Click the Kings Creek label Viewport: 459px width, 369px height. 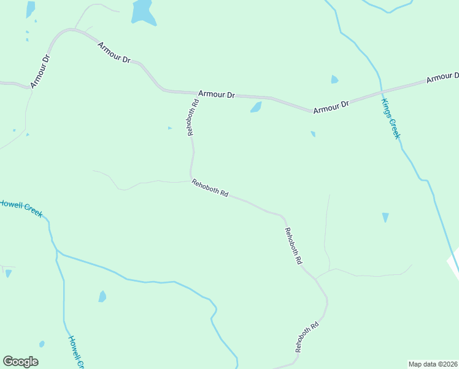tap(390, 119)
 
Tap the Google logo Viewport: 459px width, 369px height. tap(20, 362)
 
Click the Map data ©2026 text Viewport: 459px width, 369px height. tap(433, 363)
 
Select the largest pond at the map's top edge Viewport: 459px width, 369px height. tap(142, 11)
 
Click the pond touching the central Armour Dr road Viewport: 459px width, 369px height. tap(256, 108)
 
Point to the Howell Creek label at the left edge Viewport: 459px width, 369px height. tap(21, 208)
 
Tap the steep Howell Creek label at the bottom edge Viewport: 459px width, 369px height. tap(75, 352)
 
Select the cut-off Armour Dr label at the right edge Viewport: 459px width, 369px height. tap(442, 77)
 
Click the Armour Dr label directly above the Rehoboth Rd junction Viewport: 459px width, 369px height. tap(217, 95)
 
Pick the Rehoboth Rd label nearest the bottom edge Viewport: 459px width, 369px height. tap(307, 336)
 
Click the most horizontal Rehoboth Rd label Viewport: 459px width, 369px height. tap(210, 188)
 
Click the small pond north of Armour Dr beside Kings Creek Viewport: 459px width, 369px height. tap(334, 79)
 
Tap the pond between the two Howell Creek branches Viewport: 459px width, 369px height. tap(102, 296)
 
